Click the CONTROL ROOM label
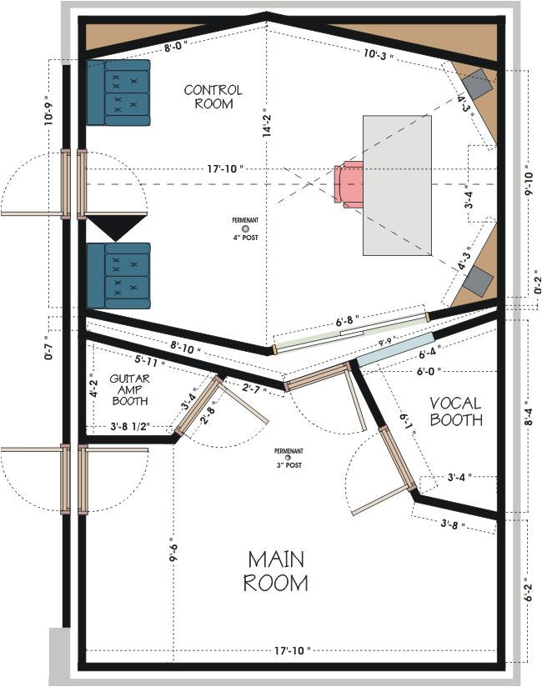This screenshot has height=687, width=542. [x=213, y=97]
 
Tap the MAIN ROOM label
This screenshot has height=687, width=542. [x=275, y=570]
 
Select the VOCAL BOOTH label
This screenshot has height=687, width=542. [x=456, y=411]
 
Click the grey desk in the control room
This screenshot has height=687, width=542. [x=398, y=185]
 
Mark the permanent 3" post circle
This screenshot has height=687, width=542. [x=288, y=458]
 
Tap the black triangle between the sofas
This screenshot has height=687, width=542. [x=116, y=228]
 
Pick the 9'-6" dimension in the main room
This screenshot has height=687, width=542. [x=173, y=551]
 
